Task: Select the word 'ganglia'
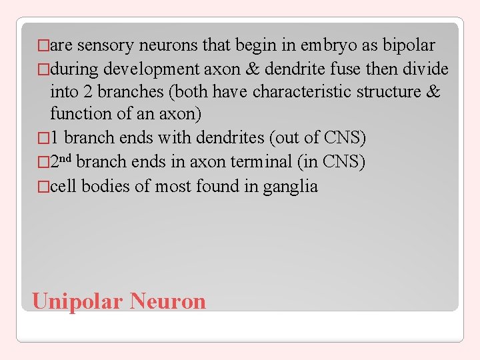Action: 291,185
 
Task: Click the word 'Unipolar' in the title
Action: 77,301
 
